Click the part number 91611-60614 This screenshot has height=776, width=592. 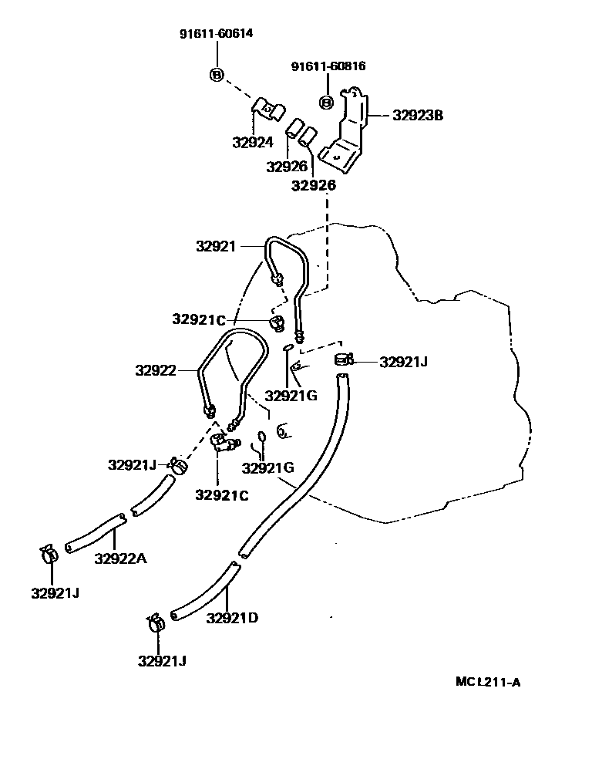click(216, 34)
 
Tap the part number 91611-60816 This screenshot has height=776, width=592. click(328, 66)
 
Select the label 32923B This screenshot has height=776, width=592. click(418, 116)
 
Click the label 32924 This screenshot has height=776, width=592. click(253, 142)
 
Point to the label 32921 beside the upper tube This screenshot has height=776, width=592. click(217, 247)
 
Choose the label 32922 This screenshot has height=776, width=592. click(157, 370)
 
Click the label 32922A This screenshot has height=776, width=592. click(119, 558)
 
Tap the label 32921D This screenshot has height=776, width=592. click(232, 617)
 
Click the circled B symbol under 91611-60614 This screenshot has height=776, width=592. click(217, 74)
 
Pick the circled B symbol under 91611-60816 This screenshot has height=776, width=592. click(326, 102)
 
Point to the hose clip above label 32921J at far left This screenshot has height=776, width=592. click(50, 554)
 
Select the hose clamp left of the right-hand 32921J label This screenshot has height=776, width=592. click(344, 359)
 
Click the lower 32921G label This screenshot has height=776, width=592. click(267, 467)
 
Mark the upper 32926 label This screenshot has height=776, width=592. click(287, 166)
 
